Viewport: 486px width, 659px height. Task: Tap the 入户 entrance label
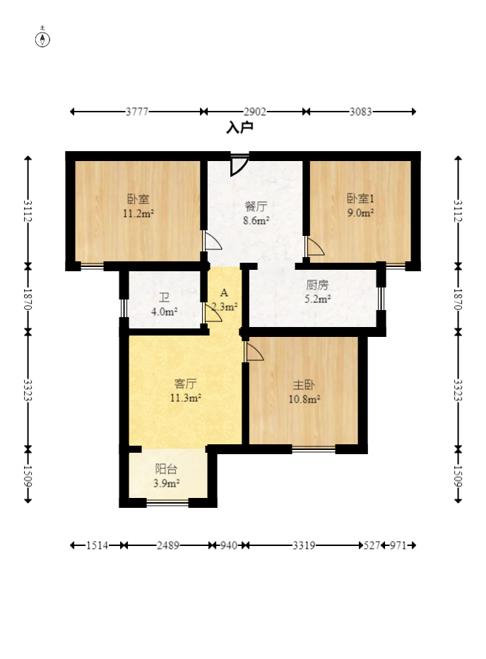point(239,127)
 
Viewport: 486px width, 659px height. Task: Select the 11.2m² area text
point(138,213)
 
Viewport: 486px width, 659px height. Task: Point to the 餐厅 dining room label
point(256,206)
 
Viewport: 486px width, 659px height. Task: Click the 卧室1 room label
point(360,198)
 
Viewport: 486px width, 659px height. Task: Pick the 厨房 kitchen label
point(317,285)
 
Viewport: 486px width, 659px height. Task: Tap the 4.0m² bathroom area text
point(164,312)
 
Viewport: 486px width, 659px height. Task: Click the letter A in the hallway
point(224,292)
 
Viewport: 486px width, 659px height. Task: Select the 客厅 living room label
point(185,384)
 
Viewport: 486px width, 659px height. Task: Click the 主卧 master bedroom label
point(304,384)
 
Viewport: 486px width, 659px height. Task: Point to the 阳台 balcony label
point(166,469)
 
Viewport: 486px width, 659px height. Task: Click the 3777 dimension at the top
point(137,112)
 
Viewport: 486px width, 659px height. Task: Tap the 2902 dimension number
point(255,112)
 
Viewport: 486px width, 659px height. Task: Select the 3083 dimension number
point(361,112)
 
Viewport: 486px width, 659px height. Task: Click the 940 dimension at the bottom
point(229,545)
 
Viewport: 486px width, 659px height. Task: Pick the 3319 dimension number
point(304,545)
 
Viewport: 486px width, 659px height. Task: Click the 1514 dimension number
point(97,545)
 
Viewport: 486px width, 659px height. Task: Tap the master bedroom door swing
point(254,351)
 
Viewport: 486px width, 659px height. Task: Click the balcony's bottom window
point(167,502)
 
